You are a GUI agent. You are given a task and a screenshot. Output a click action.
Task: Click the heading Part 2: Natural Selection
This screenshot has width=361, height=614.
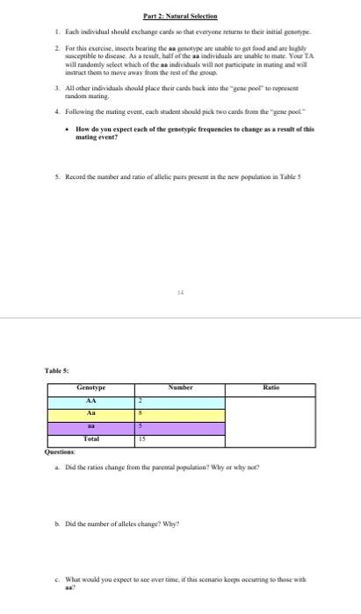point(180,17)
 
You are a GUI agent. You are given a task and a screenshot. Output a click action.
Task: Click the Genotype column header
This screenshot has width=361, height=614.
point(90,387)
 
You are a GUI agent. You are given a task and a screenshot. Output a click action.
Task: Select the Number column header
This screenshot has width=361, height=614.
point(180,387)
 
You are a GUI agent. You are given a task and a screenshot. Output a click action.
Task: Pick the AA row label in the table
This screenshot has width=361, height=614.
point(90,400)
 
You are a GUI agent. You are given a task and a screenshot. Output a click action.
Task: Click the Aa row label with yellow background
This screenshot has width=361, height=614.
point(90,412)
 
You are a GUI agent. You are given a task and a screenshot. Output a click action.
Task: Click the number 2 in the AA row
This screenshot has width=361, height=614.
point(140,400)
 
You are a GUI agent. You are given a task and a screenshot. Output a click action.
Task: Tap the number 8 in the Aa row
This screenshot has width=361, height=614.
point(140,412)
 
